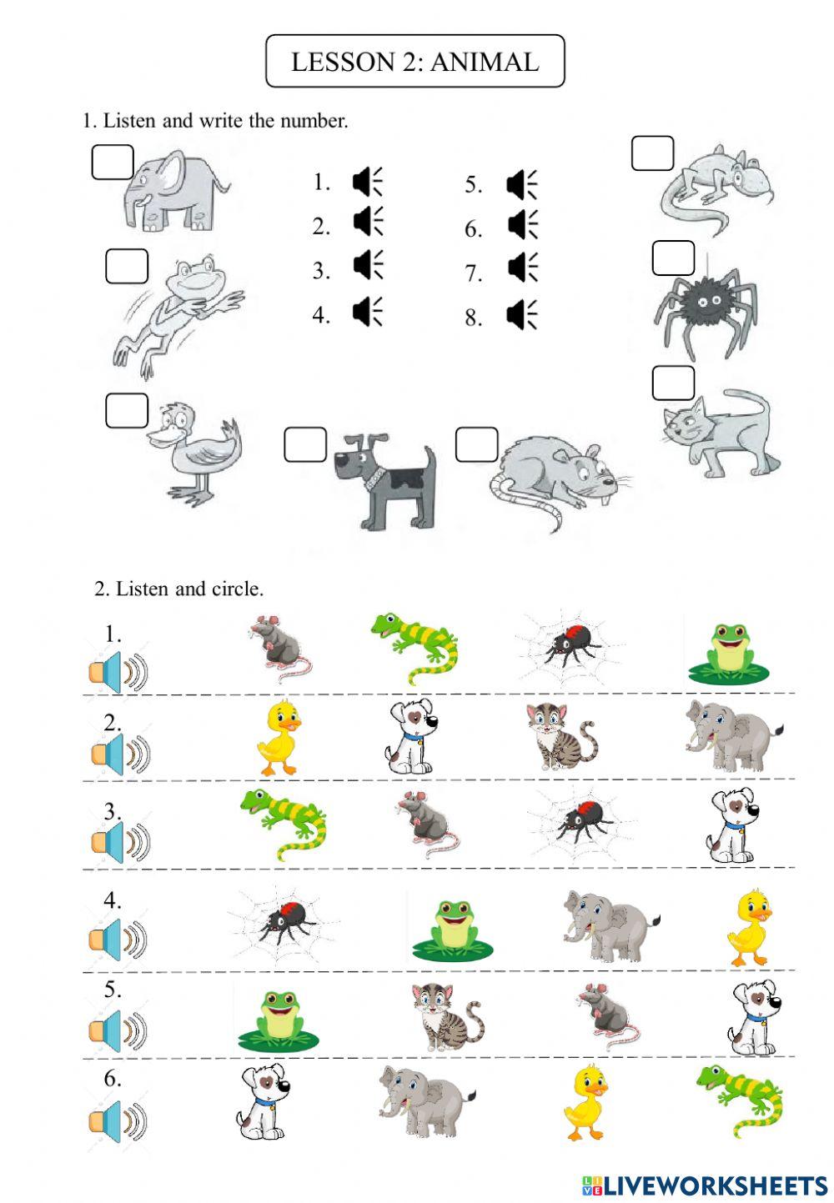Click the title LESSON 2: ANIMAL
point(414,62)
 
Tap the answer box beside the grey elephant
point(113,163)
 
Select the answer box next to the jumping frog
point(127,267)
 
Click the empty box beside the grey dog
point(305,444)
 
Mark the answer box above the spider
point(673,258)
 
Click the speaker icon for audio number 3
point(367,265)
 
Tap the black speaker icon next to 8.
point(521,315)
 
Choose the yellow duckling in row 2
point(279,738)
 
